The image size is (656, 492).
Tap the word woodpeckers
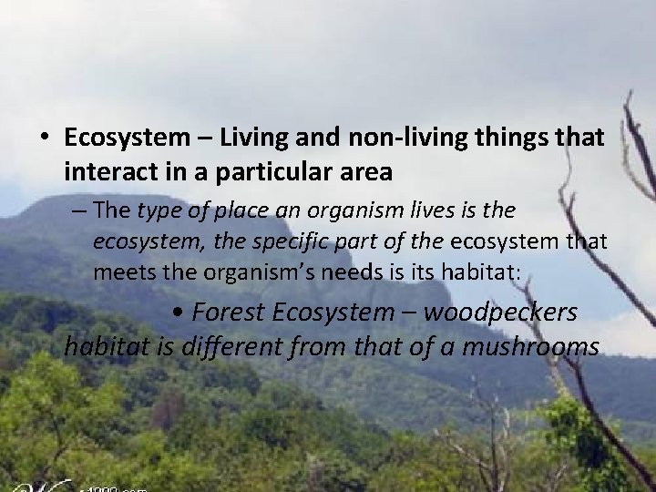click(499, 313)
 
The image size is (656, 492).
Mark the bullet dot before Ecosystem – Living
click(44, 138)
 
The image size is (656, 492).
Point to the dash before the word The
click(81, 212)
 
